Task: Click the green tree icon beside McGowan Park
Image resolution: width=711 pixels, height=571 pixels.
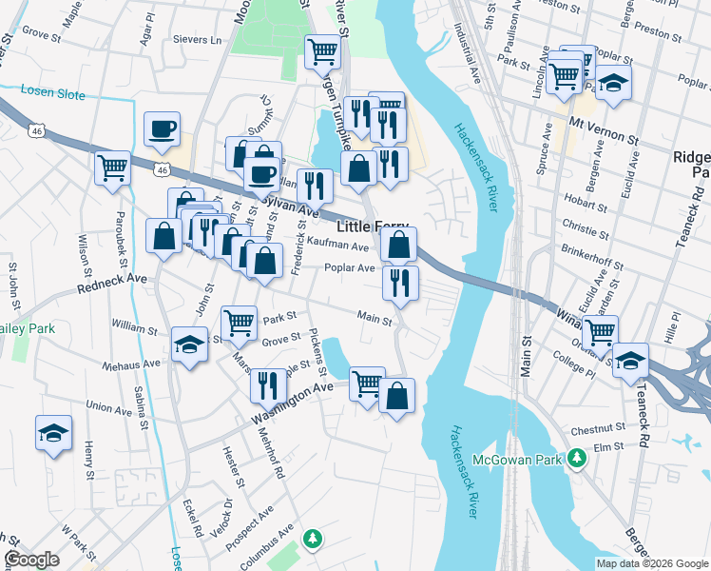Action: click(575, 459)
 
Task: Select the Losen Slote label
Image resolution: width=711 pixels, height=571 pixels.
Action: click(53, 95)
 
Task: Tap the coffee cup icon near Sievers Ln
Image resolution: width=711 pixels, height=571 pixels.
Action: click(162, 129)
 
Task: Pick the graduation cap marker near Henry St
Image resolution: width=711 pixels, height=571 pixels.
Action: click(53, 433)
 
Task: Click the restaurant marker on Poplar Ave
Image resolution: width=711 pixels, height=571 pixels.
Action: click(400, 283)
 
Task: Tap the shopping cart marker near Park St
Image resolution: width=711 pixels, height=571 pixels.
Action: click(240, 323)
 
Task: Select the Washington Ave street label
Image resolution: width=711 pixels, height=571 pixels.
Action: click(292, 403)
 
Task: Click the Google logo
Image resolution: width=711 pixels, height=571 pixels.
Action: click(32, 560)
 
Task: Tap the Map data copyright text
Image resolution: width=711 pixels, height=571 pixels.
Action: click(651, 563)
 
